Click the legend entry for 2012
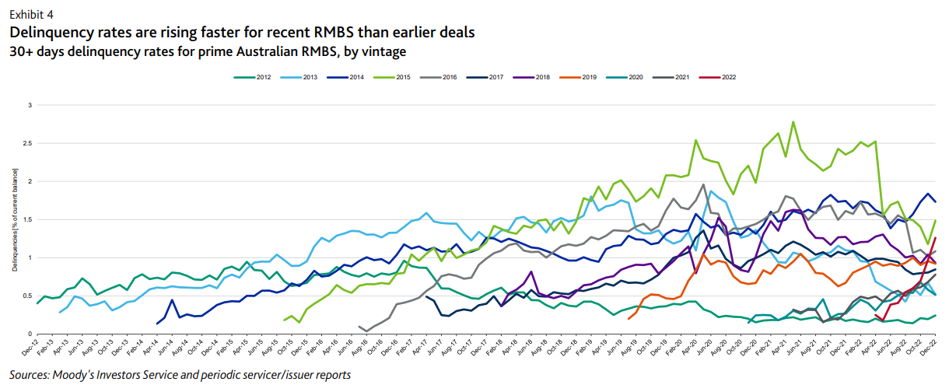coord(257,78)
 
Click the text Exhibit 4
coord(31,15)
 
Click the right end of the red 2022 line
coord(935,238)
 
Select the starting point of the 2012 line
coord(37,303)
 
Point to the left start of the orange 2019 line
coord(628,318)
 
